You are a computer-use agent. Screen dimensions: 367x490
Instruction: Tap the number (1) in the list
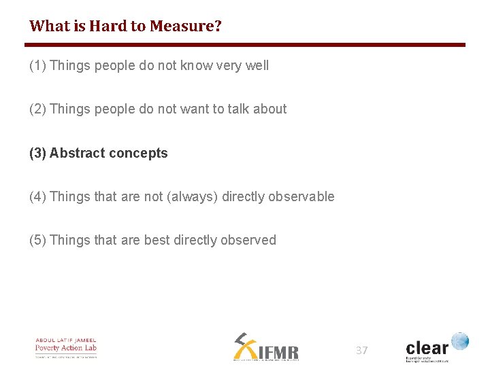point(38,66)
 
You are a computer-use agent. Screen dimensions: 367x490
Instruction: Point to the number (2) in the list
point(38,109)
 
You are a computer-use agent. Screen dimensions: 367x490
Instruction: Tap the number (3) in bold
point(38,153)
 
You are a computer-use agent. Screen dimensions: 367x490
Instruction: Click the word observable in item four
point(301,197)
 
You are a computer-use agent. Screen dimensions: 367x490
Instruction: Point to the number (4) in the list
point(38,197)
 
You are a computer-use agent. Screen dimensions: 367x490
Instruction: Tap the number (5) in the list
point(38,241)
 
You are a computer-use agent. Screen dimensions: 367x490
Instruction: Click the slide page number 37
point(361,351)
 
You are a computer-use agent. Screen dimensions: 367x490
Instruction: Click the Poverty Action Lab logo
point(66,347)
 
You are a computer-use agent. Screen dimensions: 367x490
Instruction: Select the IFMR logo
point(265,347)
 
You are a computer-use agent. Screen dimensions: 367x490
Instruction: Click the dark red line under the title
point(245,46)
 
